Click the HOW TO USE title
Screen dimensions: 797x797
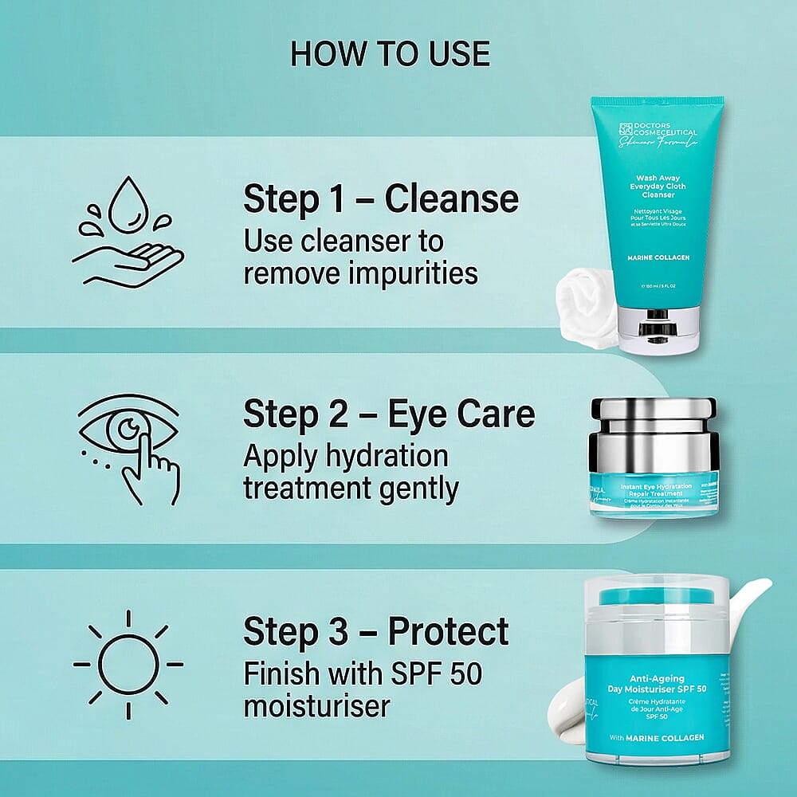coord(390,53)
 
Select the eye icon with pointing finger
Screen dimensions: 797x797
coord(128,446)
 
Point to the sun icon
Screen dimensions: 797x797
coord(128,663)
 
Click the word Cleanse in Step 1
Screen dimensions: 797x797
coord(452,199)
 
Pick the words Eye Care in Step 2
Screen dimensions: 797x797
coord(461,415)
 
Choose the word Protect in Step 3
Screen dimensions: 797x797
coord(448,632)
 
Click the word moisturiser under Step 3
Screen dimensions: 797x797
coord(317,706)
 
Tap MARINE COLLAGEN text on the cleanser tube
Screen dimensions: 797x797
coord(658,259)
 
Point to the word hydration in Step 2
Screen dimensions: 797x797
coord(384,457)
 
